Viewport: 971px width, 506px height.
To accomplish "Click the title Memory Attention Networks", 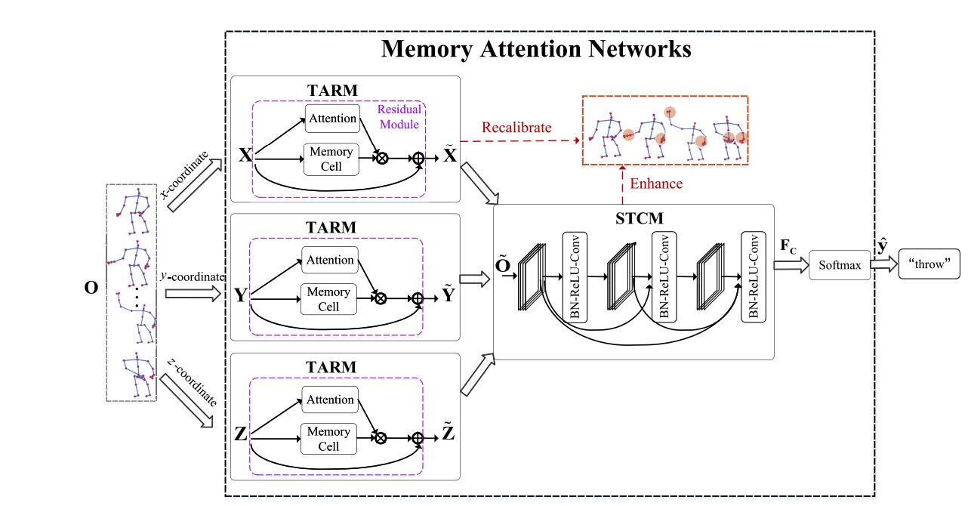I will [x=536, y=49].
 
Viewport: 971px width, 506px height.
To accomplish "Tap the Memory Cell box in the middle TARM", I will [x=328, y=298].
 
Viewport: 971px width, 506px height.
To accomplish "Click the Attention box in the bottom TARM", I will [x=328, y=400].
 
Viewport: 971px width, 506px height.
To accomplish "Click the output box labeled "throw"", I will [x=928, y=265].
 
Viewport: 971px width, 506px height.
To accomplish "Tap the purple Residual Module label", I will [x=399, y=116].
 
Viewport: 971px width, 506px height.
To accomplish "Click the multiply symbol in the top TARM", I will [x=382, y=159].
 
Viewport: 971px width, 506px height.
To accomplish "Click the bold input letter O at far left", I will [x=91, y=288].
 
